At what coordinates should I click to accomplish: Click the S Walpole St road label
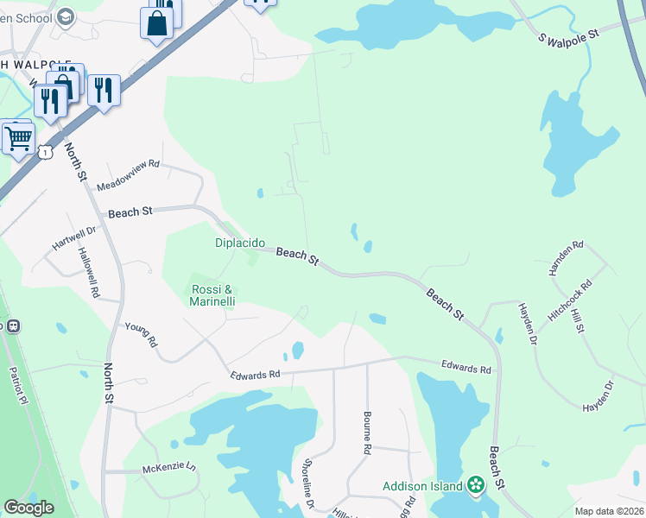click(x=568, y=35)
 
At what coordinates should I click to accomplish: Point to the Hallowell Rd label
click(x=88, y=273)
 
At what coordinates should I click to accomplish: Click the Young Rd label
click(x=141, y=335)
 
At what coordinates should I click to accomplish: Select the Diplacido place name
click(x=240, y=243)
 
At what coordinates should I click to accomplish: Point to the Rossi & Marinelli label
click(x=212, y=295)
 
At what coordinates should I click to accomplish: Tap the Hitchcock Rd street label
click(x=569, y=301)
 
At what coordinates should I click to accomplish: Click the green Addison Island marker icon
click(x=475, y=486)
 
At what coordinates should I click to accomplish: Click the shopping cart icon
click(x=18, y=137)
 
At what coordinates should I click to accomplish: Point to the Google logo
click(x=28, y=508)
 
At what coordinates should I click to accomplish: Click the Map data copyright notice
click(x=609, y=511)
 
